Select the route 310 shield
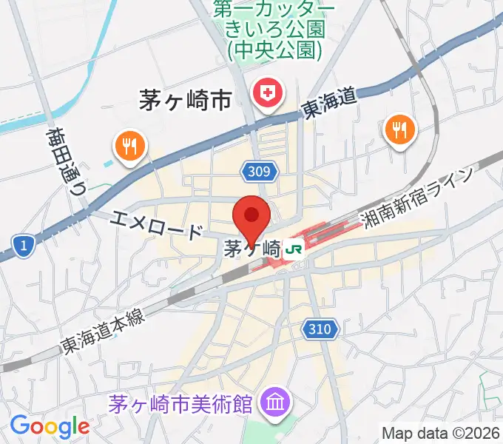(321, 327)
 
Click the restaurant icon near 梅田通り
(130, 144)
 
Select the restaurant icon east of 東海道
(400, 130)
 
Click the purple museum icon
(276, 404)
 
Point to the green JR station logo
(294, 249)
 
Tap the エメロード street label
(158, 224)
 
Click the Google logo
(49, 426)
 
